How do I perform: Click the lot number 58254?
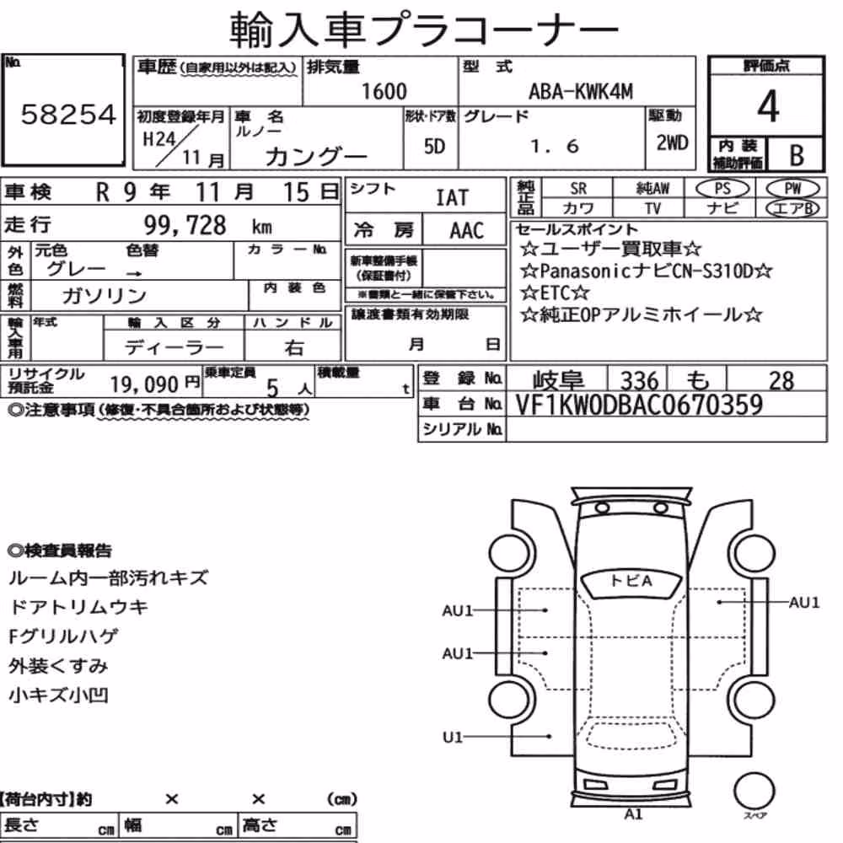tap(68, 115)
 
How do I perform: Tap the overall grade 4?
tap(768, 106)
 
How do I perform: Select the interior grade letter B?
tap(797, 155)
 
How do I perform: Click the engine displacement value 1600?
tap(384, 91)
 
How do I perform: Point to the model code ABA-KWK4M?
tap(581, 91)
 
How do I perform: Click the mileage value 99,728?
tap(185, 225)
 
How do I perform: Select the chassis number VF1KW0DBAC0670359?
tap(639, 405)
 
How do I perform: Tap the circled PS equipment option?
tap(722, 189)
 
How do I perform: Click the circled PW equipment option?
tap(792, 189)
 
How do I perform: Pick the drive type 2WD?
tap(672, 143)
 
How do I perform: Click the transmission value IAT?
tap(452, 198)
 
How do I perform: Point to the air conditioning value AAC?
tap(467, 231)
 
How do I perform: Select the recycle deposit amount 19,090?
tap(144, 384)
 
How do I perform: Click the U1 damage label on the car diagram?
tap(452, 737)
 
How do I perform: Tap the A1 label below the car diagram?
tap(633, 814)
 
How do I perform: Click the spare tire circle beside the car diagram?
tap(754, 792)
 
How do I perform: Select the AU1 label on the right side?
tap(804, 602)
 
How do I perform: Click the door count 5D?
tap(434, 146)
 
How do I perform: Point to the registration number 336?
tap(639, 381)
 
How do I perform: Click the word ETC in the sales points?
tap(555, 293)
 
